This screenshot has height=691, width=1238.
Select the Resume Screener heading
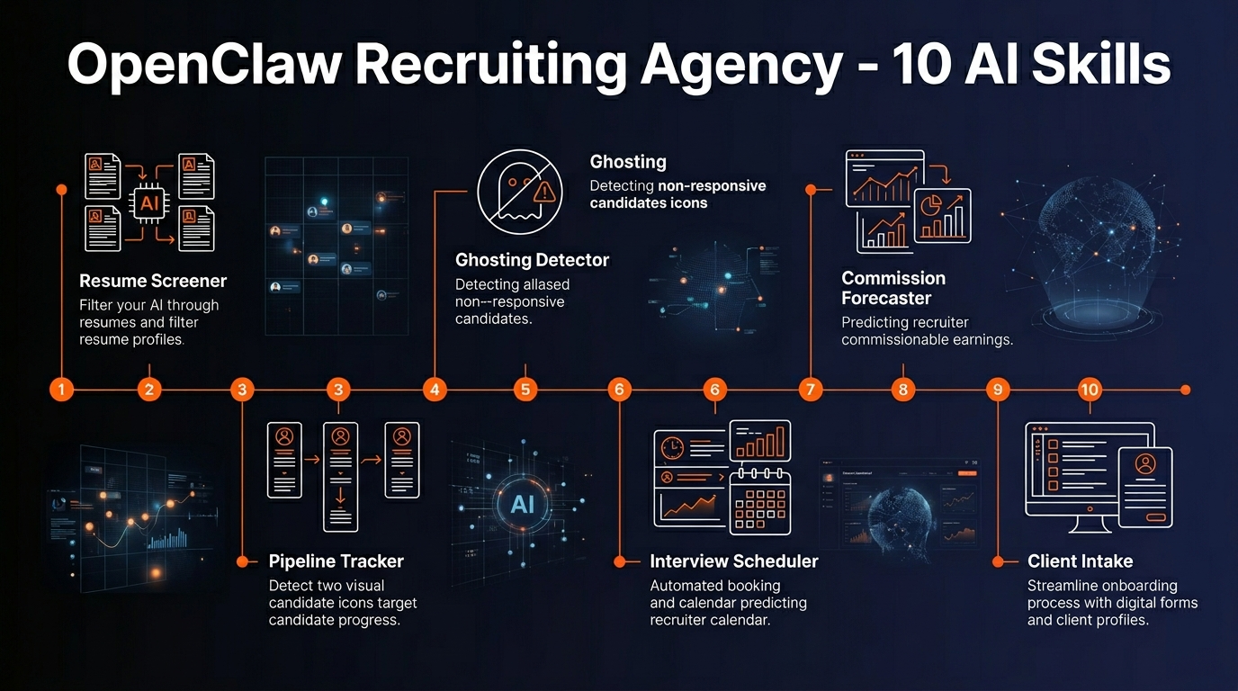tap(153, 281)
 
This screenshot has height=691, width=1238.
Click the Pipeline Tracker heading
tap(336, 561)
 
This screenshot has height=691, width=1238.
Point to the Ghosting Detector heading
tap(532, 261)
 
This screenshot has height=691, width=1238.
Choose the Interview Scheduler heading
tap(733, 561)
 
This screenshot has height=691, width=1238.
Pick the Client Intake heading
tap(1080, 561)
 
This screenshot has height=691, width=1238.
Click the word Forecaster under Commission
tap(886, 298)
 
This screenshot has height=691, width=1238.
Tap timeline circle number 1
tap(61, 390)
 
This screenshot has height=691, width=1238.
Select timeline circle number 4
tap(435, 390)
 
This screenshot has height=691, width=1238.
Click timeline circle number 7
tap(810, 390)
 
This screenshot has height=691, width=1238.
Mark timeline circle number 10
tap(1090, 390)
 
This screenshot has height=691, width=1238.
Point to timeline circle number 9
tap(998, 390)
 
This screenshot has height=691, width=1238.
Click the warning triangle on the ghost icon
tap(544, 192)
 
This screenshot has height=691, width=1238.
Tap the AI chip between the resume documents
tap(150, 202)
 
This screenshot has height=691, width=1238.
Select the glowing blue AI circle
tap(523, 504)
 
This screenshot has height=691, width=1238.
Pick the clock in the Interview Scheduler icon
tap(672, 447)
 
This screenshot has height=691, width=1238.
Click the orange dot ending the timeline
tap(1185, 390)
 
